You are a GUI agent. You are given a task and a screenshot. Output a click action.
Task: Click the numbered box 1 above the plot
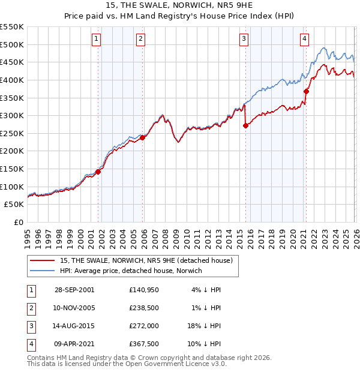[97, 39]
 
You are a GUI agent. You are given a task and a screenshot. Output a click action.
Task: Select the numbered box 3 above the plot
[244, 39]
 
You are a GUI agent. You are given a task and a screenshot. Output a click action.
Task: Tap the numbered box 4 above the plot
[305, 39]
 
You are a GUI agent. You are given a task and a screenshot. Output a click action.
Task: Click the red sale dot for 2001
[98, 172]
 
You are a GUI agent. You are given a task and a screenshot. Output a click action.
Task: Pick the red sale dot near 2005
[142, 137]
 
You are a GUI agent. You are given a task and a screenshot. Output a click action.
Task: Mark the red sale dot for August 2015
[245, 125]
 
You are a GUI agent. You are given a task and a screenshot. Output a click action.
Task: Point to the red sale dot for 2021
[306, 91]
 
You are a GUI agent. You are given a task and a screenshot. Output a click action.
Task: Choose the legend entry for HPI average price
[131, 271]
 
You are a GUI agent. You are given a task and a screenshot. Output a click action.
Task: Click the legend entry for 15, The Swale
[142, 260]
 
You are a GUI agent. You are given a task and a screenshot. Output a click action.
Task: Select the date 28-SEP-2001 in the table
[74, 290]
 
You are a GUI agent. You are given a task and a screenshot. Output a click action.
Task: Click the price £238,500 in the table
[145, 308]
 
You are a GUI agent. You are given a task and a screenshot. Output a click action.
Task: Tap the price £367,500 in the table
[145, 344]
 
